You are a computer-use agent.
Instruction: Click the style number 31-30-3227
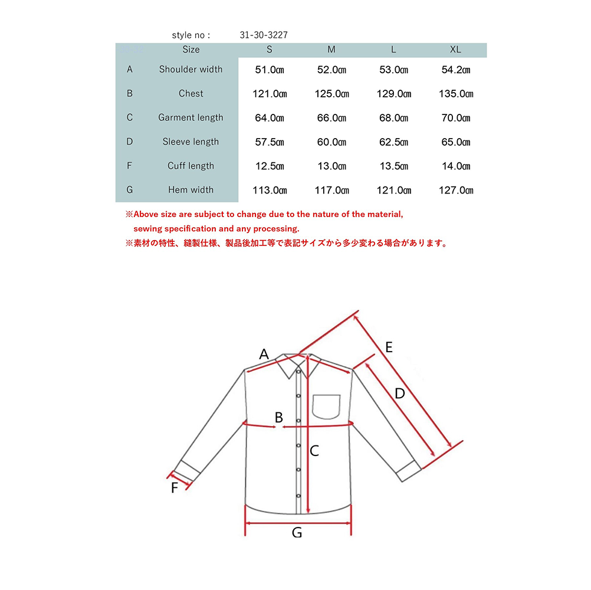[264, 35]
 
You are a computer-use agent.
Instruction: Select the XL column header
[455, 50]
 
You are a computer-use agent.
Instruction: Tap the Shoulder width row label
[191, 70]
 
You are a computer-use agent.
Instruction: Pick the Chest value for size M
[331, 94]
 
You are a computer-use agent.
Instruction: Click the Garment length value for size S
[270, 117]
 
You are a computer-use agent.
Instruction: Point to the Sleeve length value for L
[393, 142]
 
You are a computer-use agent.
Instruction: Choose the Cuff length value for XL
[456, 166]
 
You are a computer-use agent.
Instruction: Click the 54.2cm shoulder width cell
[456, 70]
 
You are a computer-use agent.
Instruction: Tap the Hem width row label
[191, 190]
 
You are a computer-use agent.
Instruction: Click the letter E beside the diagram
[388, 347]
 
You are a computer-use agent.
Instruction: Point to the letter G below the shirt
[297, 533]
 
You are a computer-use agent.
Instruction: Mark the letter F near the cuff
[175, 488]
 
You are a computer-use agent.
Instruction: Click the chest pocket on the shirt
[327, 406]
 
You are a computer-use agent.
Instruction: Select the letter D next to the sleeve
[399, 393]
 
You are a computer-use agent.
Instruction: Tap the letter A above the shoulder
[264, 354]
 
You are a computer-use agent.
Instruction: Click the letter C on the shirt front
[314, 451]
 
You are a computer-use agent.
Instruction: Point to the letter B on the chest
[279, 417]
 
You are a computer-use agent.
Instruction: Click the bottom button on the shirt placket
[299, 494]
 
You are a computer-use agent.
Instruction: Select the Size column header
[191, 50]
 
